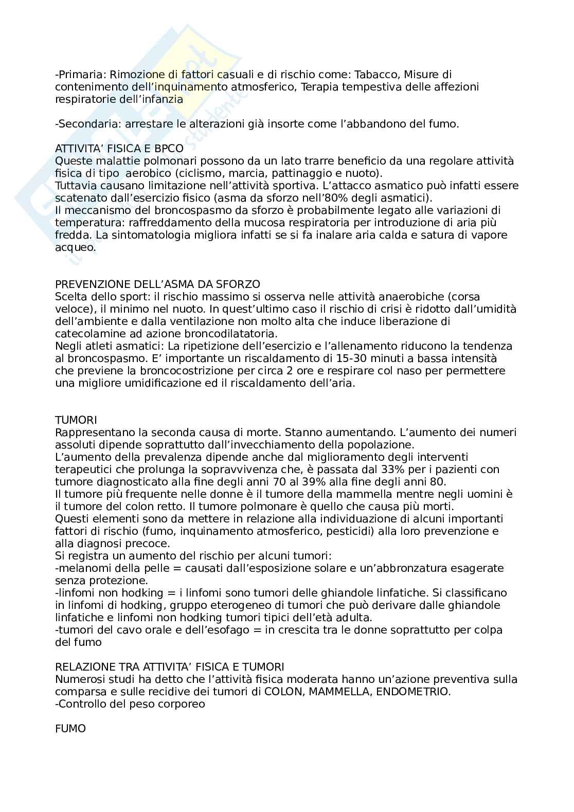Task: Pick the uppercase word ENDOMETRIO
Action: pos(413,692)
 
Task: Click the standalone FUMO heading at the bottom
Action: pos(70,729)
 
